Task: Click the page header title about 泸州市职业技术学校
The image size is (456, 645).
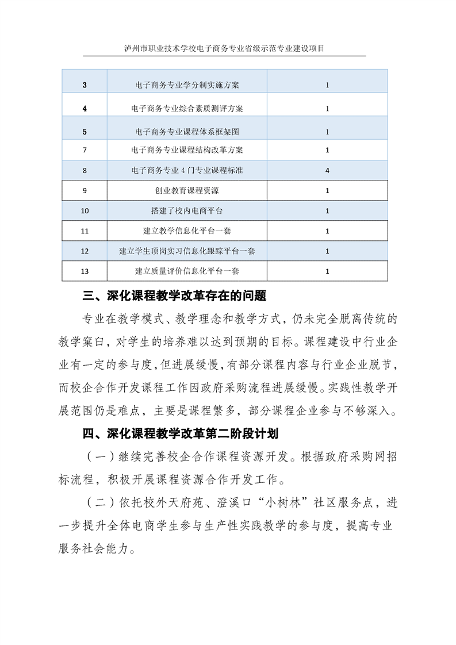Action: pyautogui.click(x=224, y=48)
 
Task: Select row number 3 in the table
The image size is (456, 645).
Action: pyautogui.click(x=85, y=85)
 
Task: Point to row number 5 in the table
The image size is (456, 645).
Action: pyautogui.click(x=85, y=132)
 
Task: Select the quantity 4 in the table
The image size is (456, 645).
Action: pyautogui.click(x=327, y=170)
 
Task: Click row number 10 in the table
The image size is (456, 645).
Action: pyautogui.click(x=85, y=210)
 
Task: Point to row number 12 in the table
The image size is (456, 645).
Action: pyautogui.click(x=85, y=251)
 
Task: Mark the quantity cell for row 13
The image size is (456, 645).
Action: pyautogui.click(x=327, y=271)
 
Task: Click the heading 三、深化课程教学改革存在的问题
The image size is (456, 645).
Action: pyautogui.click(x=175, y=297)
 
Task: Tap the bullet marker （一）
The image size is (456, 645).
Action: pyautogui.click(x=98, y=458)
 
